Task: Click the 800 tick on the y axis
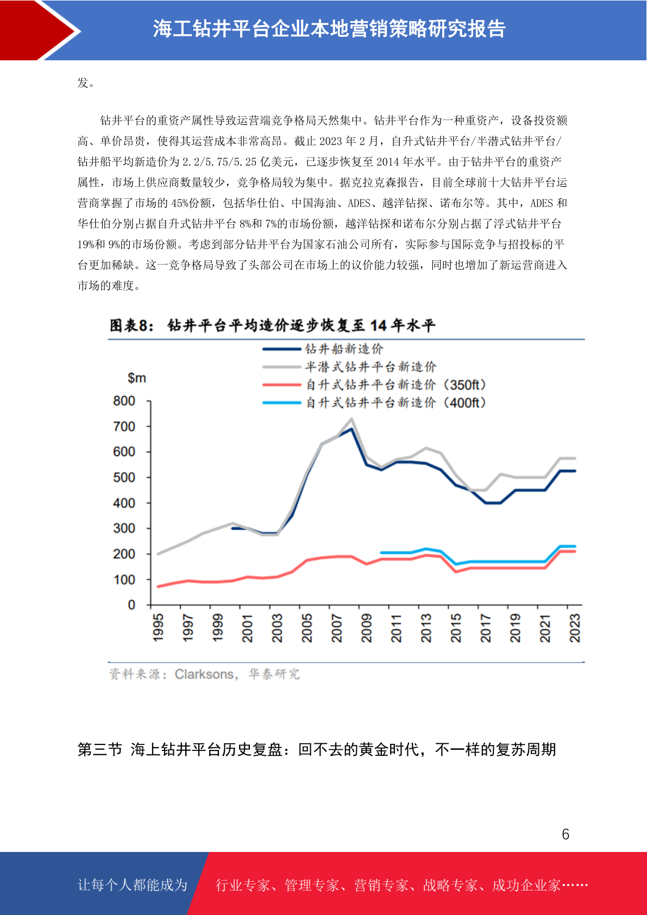pos(124,401)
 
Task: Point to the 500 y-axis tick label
pos(124,477)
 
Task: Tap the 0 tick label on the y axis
pos(131,605)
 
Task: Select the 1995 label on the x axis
pos(158,627)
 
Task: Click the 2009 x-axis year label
pos(366,628)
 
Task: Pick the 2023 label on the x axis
pos(575,628)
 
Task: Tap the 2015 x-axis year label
pos(456,628)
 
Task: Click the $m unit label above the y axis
pos(136,378)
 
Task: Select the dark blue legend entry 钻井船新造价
pos(323,349)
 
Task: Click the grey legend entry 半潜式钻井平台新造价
pos(350,367)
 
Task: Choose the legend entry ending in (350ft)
pos(374,385)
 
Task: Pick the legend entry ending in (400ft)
pos(374,403)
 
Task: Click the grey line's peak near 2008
pos(351,419)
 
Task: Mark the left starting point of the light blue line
pos(381,553)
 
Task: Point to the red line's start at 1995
pos(159,587)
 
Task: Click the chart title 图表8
pos(131,325)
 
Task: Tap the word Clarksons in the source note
pos(204,674)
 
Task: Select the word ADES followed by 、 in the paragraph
pos(359,203)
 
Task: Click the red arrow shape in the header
pos(39,30)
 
